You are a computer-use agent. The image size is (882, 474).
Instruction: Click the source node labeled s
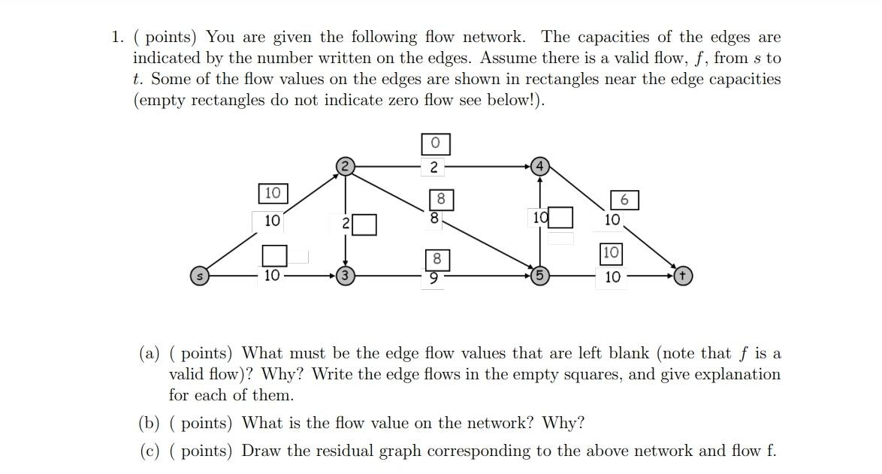(199, 276)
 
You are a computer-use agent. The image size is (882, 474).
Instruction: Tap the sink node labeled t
(682, 276)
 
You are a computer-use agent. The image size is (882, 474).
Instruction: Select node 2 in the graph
(345, 167)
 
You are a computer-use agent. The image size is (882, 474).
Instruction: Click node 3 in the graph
(345, 276)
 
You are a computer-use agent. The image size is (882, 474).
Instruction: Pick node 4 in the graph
(539, 167)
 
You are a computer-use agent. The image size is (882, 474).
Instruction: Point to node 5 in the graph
(539, 276)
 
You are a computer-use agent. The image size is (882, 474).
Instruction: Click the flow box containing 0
(436, 143)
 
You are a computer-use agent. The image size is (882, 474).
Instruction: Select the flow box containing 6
(624, 200)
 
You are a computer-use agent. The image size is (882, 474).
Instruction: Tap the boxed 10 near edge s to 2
(272, 193)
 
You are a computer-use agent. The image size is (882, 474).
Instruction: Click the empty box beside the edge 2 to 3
(364, 224)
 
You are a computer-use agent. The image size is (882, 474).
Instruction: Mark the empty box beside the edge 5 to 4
(560, 218)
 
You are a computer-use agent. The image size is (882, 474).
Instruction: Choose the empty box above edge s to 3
(274, 255)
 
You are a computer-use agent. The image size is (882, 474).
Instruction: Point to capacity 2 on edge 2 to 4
(434, 167)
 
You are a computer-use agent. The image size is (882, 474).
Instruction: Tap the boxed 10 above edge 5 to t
(610, 252)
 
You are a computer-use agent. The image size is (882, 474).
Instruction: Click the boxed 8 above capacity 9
(436, 259)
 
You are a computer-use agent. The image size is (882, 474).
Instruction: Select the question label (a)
(150, 353)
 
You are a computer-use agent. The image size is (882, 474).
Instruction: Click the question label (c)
(150, 451)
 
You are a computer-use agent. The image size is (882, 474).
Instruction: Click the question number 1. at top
(117, 37)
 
